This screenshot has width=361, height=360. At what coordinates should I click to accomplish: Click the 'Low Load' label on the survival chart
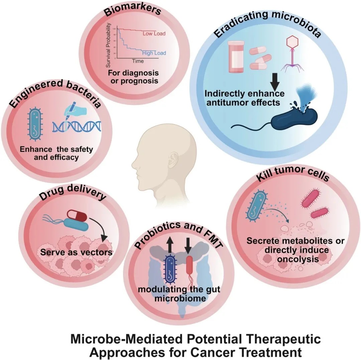click(154, 33)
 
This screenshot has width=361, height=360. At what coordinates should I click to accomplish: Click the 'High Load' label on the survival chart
click(154, 53)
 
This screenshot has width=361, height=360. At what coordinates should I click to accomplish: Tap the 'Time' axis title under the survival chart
click(137, 62)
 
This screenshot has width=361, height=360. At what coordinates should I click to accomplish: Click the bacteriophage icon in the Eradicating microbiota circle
click(291, 54)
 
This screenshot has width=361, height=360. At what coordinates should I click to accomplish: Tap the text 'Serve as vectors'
click(76, 252)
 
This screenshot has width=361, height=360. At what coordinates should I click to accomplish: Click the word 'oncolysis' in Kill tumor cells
click(296, 259)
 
